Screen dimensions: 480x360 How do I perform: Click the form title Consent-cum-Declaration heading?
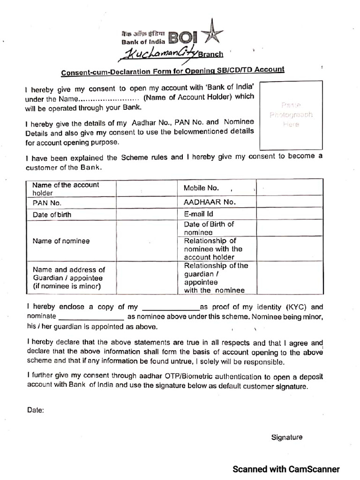[x=172, y=71]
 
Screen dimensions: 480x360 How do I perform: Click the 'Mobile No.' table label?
[x=201, y=188]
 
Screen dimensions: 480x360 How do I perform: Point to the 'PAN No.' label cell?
[x=47, y=203]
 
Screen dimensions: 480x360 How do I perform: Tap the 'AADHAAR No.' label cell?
[x=210, y=202]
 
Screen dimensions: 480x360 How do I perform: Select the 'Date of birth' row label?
[x=52, y=215]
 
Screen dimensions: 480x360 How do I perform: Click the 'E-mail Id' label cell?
[x=199, y=214]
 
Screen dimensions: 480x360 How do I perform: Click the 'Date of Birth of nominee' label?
[x=209, y=228]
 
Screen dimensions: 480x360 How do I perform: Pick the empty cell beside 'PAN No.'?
[x=146, y=203]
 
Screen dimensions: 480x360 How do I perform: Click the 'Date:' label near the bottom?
[x=36, y=410]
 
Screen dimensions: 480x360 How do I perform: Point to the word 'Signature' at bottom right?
[x=287, y=437]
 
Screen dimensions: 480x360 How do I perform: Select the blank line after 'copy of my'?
[x=171, y=308]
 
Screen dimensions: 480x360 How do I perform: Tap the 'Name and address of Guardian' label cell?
[x=68, y=278]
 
